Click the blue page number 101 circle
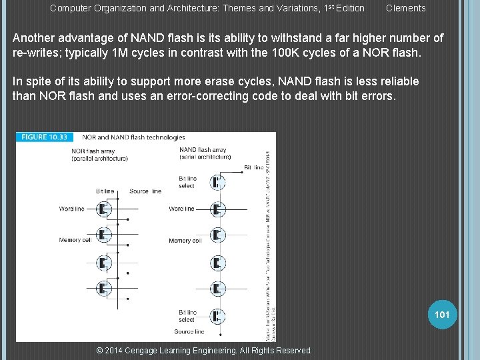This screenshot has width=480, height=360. point(442,314)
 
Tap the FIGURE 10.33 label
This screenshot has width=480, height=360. point(43,137)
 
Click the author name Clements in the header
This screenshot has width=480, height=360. point(405,8)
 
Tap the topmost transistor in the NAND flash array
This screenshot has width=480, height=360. point(218,182)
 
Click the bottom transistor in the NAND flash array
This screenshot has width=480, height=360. point(218,315)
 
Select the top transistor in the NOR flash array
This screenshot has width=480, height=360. point(103,209)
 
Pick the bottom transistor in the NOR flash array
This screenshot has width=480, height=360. point(103,289)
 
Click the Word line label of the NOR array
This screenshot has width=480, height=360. point(71,209)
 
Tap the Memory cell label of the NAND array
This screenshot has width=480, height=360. point(185,241)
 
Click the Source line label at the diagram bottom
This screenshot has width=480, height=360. point(189,331)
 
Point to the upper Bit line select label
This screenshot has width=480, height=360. point(187,182)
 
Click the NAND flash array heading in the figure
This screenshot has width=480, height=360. point(203,150)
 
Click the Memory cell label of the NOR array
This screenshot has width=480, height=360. point(74,240)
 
